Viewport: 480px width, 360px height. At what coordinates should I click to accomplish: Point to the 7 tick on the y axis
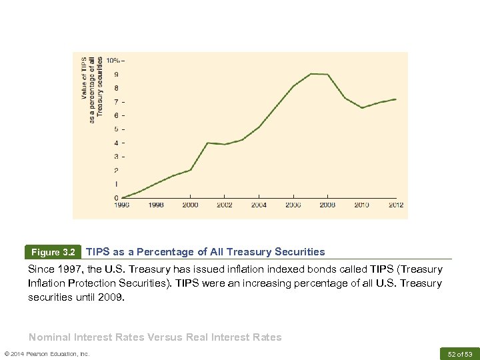click(x=117, y=102)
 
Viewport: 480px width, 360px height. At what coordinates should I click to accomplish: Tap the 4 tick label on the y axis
click(x=117, y=143)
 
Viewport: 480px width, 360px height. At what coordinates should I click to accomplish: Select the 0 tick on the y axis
click(x=117, y=198)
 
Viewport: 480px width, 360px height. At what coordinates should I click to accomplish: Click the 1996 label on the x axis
click(x=121, y=205)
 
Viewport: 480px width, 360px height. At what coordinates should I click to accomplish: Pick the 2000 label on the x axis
click(x=190, y=205)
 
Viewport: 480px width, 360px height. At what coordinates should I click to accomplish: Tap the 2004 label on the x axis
click(x=259, y=205)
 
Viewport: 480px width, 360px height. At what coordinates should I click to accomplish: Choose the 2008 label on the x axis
click(x=327, y=205)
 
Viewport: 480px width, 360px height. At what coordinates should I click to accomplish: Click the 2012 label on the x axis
click(x=396, y=205)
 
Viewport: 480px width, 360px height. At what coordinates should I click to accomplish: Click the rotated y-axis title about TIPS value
click(x=92, y=89)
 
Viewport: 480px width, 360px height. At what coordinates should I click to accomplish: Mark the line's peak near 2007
click(x=311, y=73)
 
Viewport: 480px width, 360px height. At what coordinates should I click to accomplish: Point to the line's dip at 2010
click(x=362, y=108)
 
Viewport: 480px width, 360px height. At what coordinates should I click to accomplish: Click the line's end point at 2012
click(x=396, y=99)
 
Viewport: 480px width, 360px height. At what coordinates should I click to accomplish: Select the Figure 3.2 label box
click(x=54, y=253)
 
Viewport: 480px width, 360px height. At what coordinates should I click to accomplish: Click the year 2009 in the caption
click(x=110, y=297)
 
